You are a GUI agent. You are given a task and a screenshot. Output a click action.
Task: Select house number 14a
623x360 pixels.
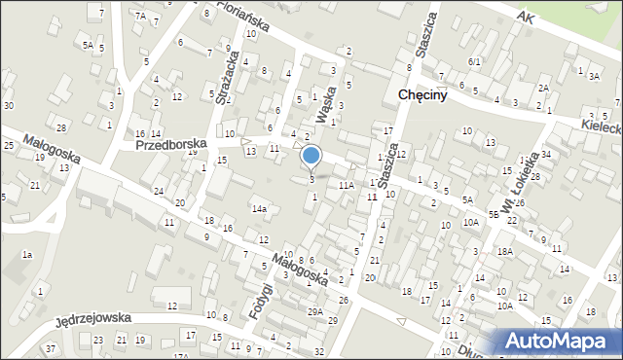[x=259, y=208]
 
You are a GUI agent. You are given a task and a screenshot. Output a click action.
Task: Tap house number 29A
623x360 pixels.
[x=314, y=311]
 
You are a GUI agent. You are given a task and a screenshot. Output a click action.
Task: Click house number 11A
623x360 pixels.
[x=346, y=184]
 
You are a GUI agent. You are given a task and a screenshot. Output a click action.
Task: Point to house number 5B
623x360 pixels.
[x=495, y=213]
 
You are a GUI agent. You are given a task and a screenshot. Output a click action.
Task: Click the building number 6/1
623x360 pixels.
[x=475, y=61]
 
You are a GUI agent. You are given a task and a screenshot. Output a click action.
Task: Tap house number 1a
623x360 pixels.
[x=28, y=254]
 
